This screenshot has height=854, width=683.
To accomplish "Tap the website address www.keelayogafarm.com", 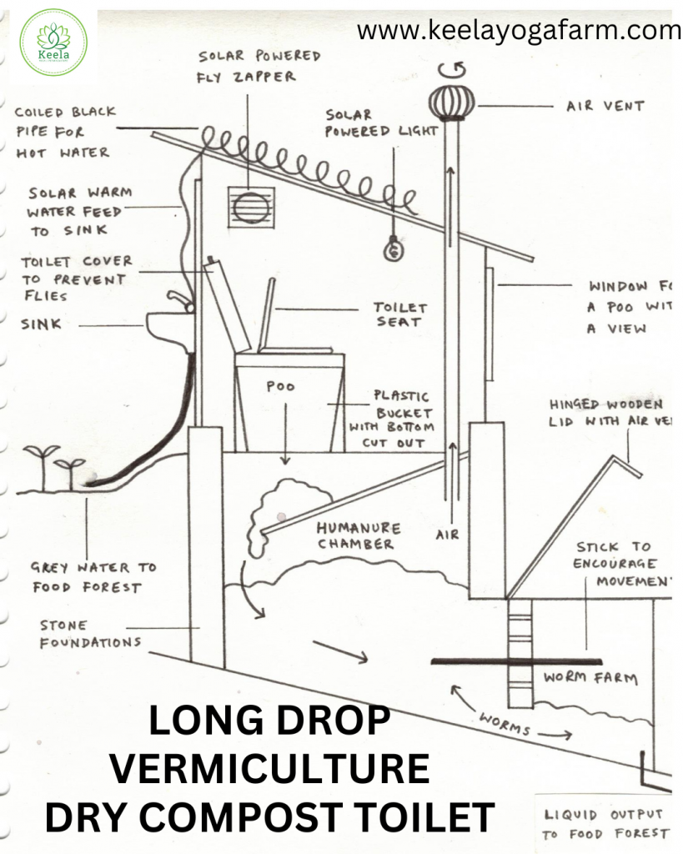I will (519, 32).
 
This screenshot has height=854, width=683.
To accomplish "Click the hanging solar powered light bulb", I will (394, 247).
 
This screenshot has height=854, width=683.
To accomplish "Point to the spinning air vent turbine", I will (452, 101).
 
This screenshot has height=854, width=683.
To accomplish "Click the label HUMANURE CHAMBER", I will (359, 536).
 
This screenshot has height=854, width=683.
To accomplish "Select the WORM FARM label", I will (590, 677).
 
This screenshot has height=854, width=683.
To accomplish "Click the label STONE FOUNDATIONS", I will (89, 634).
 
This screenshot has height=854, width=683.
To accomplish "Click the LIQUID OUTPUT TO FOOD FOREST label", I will (605, 823).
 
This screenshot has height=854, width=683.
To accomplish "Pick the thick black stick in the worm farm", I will (517, 661).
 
